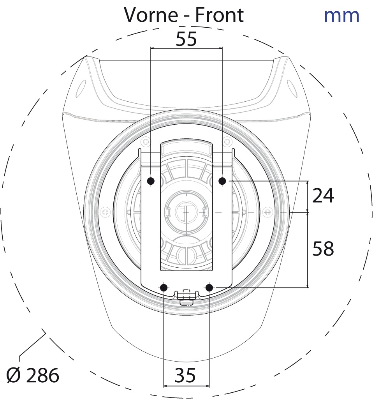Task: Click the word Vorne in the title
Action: [151, 15]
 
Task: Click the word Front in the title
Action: [220, 15]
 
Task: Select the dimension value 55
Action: [186, 39]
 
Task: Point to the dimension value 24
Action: [323, 196]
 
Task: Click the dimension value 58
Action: [323, 248]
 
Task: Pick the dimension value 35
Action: [185, 375]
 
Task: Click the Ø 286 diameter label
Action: [33, 375]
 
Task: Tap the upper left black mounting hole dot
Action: [151, 181]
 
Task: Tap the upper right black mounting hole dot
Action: [222, 181]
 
